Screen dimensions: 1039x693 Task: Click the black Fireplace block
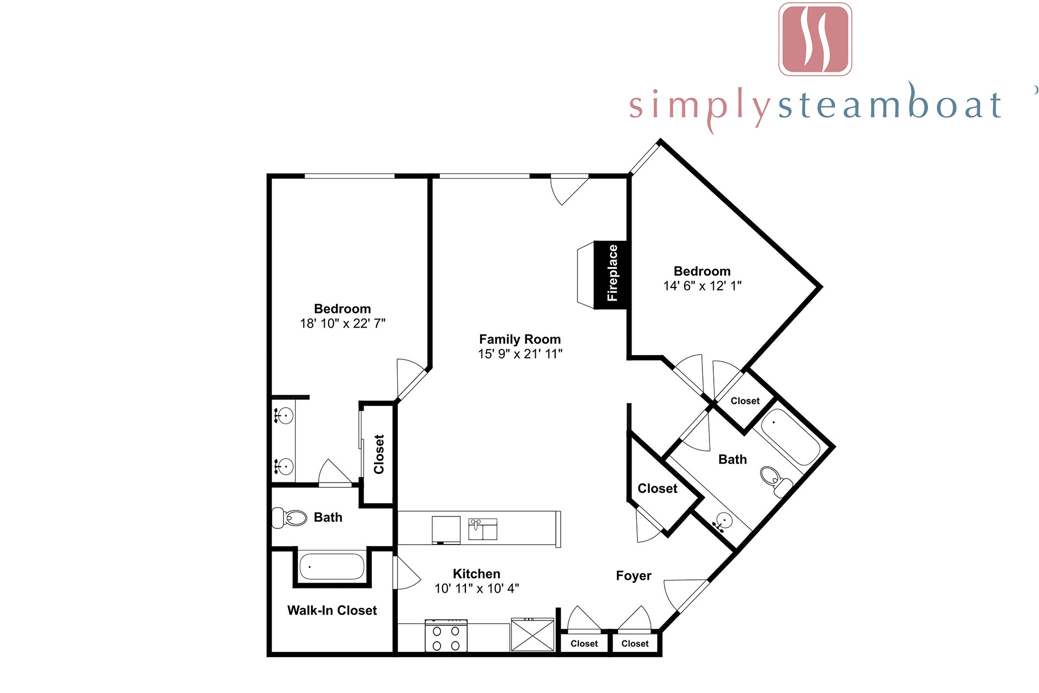[611, 274]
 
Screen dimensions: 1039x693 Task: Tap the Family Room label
[520, 339]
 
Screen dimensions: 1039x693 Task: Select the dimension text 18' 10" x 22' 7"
[343, 323]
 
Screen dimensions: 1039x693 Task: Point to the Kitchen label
[476, 574]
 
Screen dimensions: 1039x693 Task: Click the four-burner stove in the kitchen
[446, 636]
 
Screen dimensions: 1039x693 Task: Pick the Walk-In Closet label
[332, 610]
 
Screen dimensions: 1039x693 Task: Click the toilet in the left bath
[289, 518]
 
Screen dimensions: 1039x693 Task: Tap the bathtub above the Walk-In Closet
[332, 566]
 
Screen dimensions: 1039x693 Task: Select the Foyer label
[633, 576]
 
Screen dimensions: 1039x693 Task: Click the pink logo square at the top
[815, 39]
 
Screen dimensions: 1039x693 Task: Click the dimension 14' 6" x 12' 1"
[702, 286]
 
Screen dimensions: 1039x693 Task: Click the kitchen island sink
[482, 529]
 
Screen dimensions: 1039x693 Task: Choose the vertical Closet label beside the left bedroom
[379, 454]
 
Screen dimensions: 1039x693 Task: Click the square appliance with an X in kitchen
[532, 635]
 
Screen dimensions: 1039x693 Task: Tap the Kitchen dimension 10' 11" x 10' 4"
[477, 589]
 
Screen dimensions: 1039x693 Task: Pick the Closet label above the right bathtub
[745, 401]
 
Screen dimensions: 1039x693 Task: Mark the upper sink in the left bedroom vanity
[284, 416]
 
